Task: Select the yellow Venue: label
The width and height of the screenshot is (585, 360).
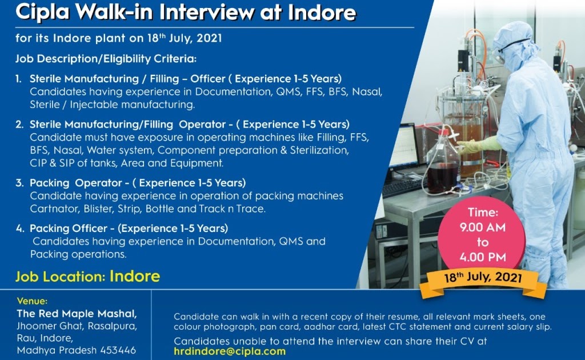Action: tap(33, 301)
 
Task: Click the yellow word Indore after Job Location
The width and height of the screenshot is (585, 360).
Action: tap(135, 277)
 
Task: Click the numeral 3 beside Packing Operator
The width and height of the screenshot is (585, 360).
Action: tap(19, 183)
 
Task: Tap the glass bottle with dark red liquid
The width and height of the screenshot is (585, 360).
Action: tap(442, 169)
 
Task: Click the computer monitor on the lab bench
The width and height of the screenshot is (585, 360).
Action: tap(404, 147)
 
